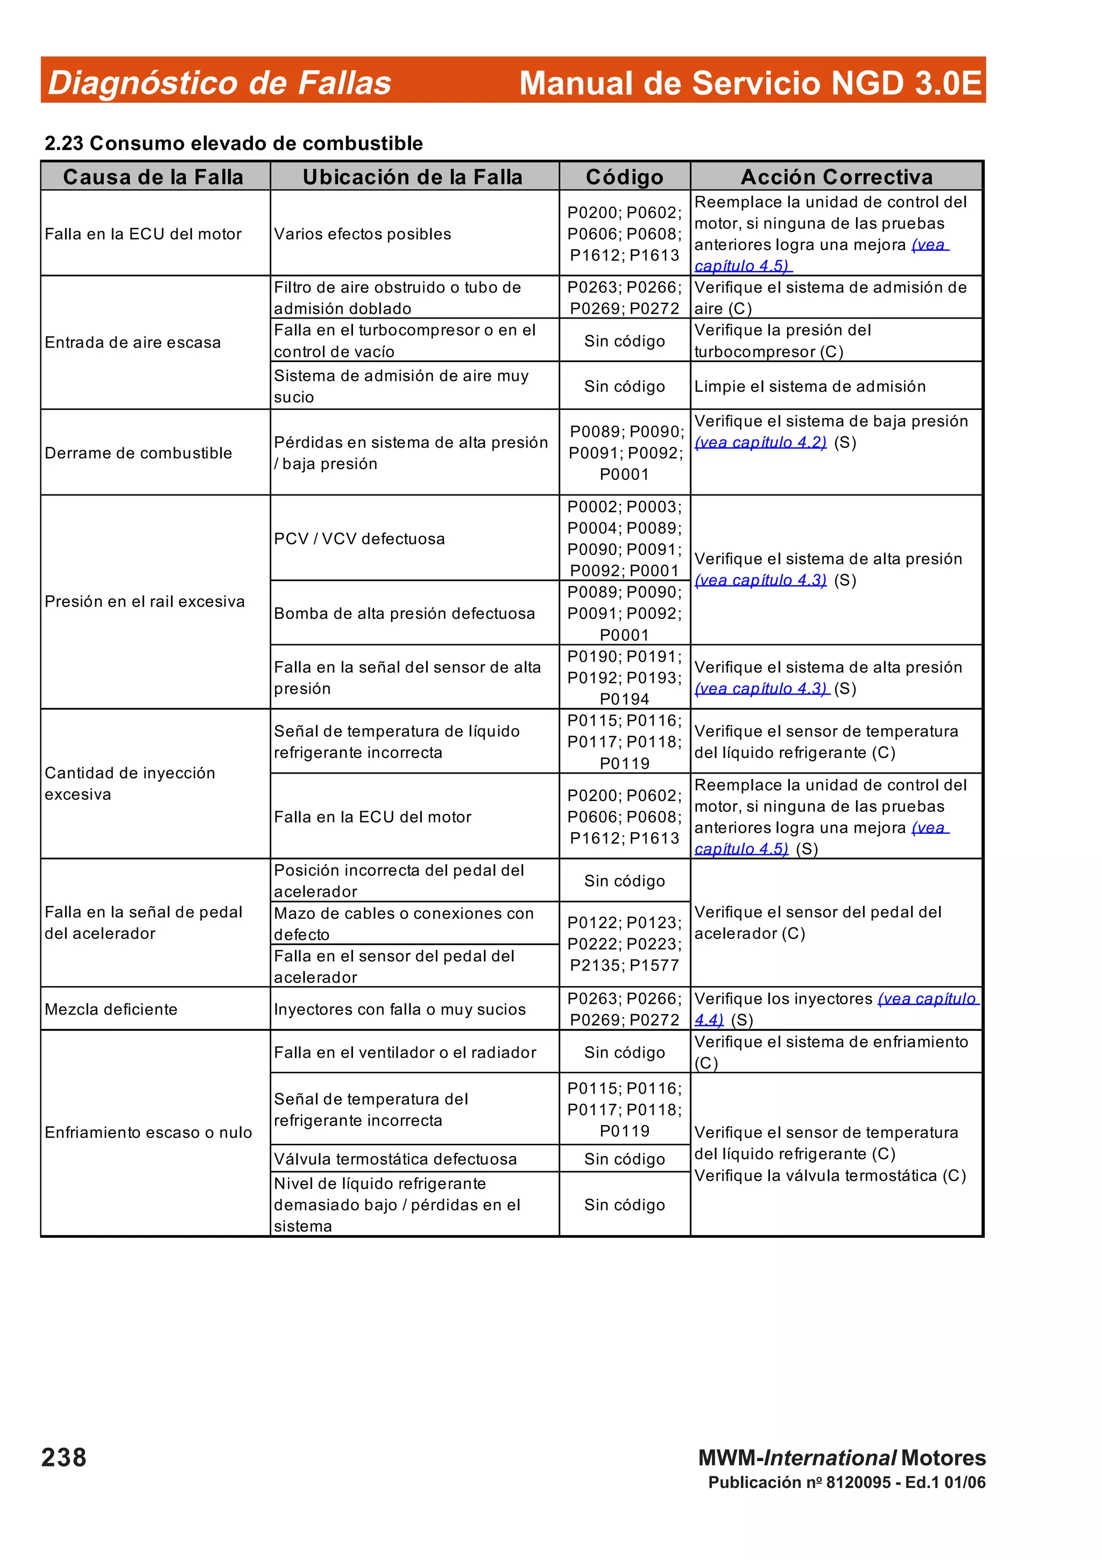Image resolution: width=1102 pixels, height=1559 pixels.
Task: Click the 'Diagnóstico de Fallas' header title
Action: pyautogui.click(x=220, y=83)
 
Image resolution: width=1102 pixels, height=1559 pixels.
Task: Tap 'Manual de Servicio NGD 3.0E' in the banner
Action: pyautogui.click(x=750, y=83)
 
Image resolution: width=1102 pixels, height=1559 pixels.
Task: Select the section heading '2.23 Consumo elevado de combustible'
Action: pyautogui.click(x=234, y=143)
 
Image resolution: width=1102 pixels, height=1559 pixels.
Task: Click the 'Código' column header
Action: pyautogui.click(x=624, y=177)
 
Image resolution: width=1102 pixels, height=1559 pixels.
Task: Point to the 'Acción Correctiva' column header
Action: pyautogui.click(x=837, y=177)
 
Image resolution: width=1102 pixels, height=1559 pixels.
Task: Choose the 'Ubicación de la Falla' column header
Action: pyautogui.click(x=413, y=177)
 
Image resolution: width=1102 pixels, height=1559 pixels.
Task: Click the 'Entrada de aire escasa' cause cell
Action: pyautogui.click(x=133, y=342)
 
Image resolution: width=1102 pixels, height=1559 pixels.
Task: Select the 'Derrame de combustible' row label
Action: pyautogui.click(x=138, y=453)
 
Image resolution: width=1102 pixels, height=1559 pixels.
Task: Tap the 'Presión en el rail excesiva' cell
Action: pyautogui.click(x=145, y=601)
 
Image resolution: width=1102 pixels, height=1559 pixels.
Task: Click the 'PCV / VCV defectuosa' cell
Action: pyautogui.click(x=359, y=538)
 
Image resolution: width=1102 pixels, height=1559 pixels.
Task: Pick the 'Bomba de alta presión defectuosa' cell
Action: pyautogui.click(x=404, y=613)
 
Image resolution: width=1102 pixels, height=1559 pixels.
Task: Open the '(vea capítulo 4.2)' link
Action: pyautogui.click(x=760, y=443)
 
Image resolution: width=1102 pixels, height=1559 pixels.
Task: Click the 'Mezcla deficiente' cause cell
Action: pyautogui.click(x=111, y=1009)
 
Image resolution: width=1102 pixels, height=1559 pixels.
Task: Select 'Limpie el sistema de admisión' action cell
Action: pyautogui.click(x=810, y=386)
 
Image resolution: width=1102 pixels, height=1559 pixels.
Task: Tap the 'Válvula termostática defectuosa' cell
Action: pyautogui.click(x=395, y=1158)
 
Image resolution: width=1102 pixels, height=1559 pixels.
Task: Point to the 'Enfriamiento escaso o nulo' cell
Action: pyautogui.click(x=148, y=1132)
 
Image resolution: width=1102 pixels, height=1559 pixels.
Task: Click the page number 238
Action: pyautogui.click(x=64, y=1458)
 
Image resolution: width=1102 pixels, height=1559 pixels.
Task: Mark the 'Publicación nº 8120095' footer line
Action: pyautogui.click(x=846, y=1482)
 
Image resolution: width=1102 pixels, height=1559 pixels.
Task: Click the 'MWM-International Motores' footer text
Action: pyautogui.click(x=841, y=1458)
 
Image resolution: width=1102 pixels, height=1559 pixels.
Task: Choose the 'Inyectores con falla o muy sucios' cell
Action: pyautogui.click(x=399, y=1009)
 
